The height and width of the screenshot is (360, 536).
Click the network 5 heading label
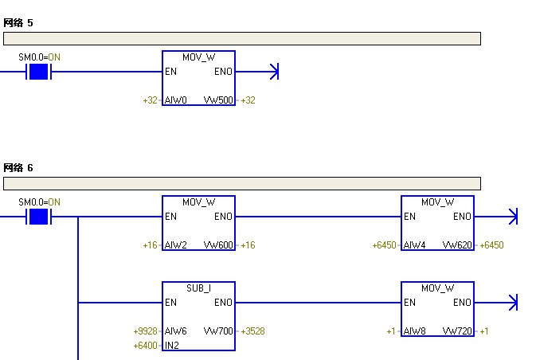pos(18,23)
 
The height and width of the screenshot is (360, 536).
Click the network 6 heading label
pos(18,168)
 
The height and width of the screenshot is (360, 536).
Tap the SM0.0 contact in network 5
pos(38,72)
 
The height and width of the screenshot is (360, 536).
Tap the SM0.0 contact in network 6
pos(38,217)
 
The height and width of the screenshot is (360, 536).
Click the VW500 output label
pos(219,100)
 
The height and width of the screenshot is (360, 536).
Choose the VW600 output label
pos(219,245)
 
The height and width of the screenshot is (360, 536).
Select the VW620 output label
pos(458,245)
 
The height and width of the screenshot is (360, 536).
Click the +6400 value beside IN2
pos(147,346)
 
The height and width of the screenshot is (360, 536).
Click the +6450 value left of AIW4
pos(385,245)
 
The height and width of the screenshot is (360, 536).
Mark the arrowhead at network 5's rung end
pos(275,72)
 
